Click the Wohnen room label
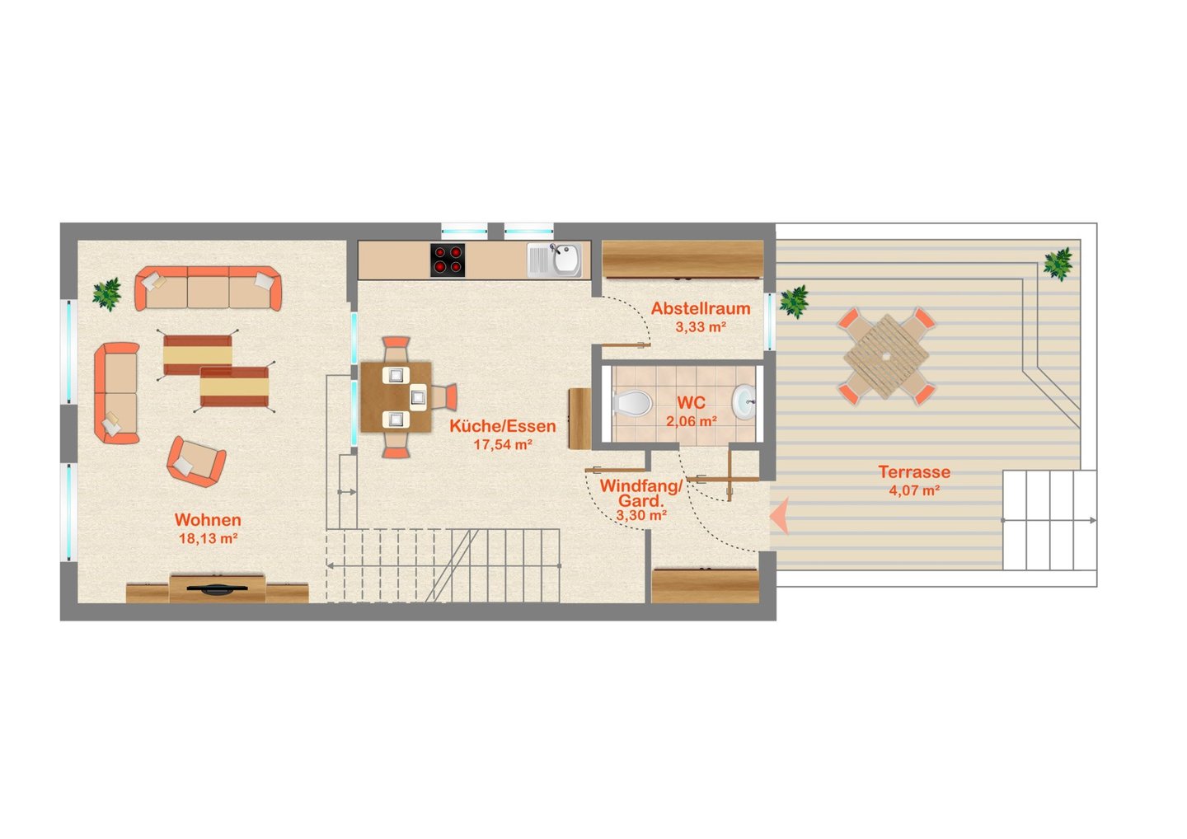click(x=208, y=519)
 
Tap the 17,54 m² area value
click(x=503, y=445)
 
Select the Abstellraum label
click(x=701, y=308)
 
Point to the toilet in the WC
click(x=632, y=404)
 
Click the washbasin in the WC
click(x=744, y=402)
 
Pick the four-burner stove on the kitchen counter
click(x=448, y=260)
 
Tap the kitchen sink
click(x=554, y=260)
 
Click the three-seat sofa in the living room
click(x=209, y=288)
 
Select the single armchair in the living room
click(x=196, y=462)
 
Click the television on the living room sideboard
click(x=218, y=588)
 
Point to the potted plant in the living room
click(x=107, y=294)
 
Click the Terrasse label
click(x=914, y=471)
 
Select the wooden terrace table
click(x=886, y=356)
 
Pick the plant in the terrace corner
click(x=1058, y=264)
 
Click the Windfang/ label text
click(x=641, y=485)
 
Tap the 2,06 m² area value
click(x=692, y=422)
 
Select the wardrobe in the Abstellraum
click(x=683, y=260)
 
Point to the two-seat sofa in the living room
click(x=117, y=393)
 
